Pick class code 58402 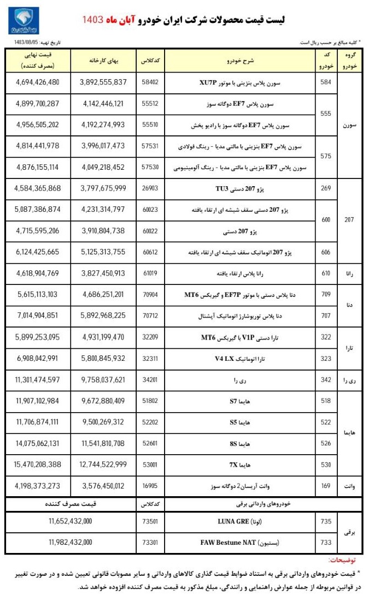[x=150, y=82]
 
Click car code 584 [x=326, y=82]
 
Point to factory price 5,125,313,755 [x=103, y=253]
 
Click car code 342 [x=326, y=379]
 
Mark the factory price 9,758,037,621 [x=103, y=379]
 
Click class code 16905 [x=150, y=485]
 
